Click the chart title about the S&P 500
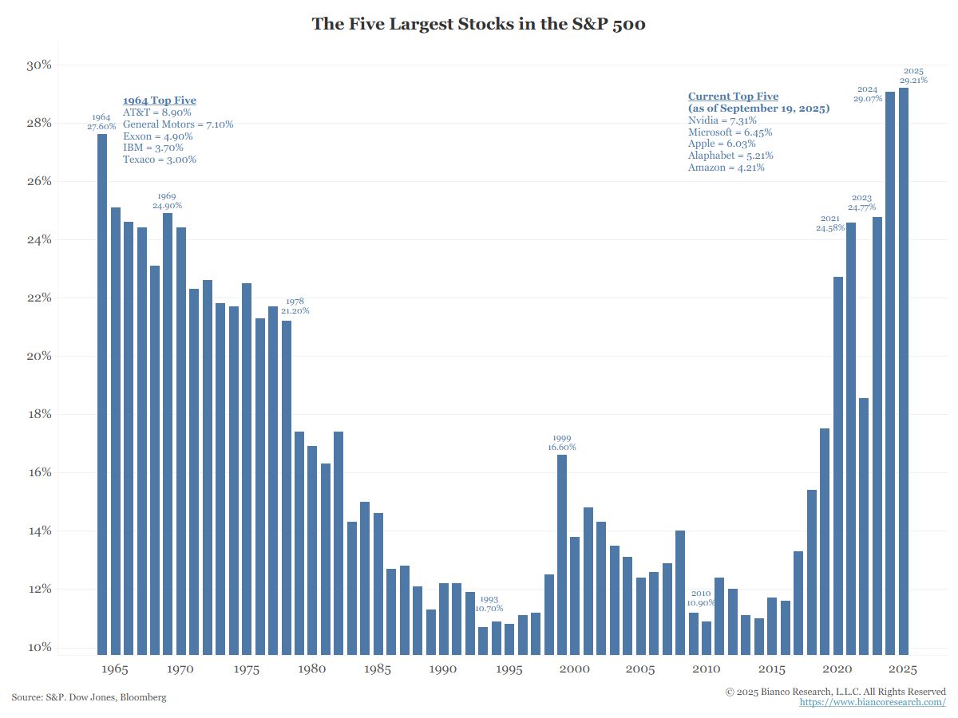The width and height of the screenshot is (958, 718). tap(478, 24)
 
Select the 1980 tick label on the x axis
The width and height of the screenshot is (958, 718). tap(311, 669)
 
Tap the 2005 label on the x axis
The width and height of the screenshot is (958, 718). tap(640, 669)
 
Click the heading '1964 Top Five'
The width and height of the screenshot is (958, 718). tap(159, 101)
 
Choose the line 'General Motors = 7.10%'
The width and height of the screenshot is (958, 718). tap(178, 124)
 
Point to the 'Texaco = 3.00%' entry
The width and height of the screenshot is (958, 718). tap(160, 160)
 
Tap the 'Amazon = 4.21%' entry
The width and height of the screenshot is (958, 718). tap(726, 168)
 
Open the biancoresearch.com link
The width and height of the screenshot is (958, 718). tap(873, 702)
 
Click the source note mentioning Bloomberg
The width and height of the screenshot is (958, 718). tap(89, 697)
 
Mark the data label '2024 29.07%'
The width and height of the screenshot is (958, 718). tap(867, 94)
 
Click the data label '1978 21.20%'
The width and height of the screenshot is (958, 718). tap(295, 306)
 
